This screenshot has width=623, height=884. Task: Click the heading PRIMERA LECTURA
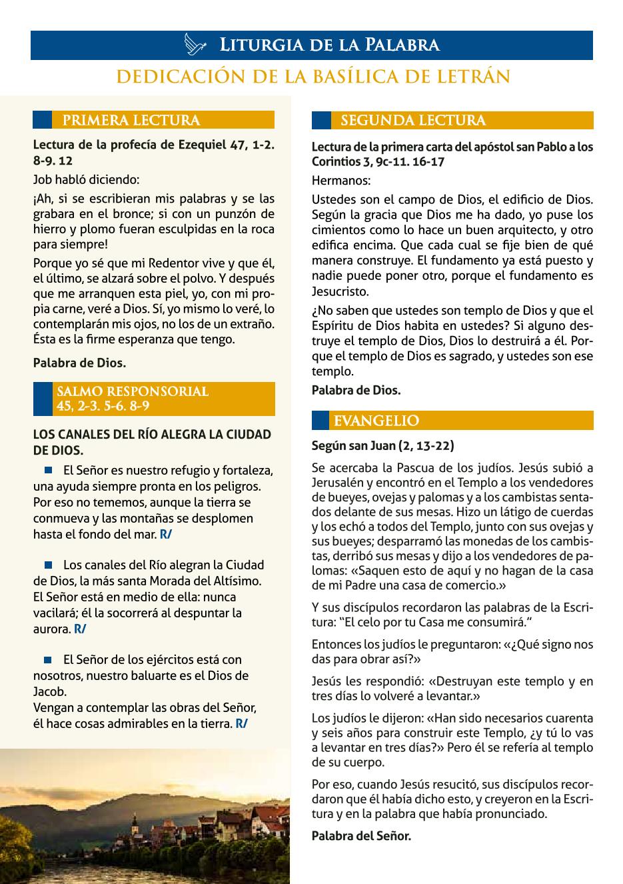[131, 121]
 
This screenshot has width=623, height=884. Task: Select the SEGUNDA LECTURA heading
[413, 121]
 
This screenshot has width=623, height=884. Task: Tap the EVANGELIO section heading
[376, 421]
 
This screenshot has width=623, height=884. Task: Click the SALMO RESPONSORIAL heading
[133, 399]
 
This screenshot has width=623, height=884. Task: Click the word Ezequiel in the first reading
[203, 145]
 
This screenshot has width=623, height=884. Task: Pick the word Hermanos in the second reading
[340, 181]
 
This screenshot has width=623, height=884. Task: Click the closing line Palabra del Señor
[361, 835]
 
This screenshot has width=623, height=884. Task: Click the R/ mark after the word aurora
[80, 629]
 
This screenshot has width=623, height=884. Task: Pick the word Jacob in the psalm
[50, 691]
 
